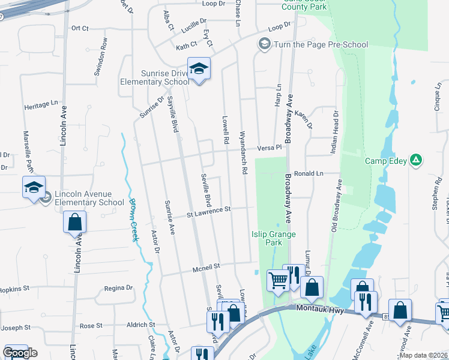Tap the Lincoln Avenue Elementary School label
89,198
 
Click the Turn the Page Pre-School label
321,44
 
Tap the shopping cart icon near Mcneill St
278,280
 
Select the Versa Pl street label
269,148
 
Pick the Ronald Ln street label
309,173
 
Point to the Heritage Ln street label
44,105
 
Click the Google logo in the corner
20,352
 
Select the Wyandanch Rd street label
244,153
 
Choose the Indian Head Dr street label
336,130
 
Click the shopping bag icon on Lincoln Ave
74,222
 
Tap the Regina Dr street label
118,288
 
